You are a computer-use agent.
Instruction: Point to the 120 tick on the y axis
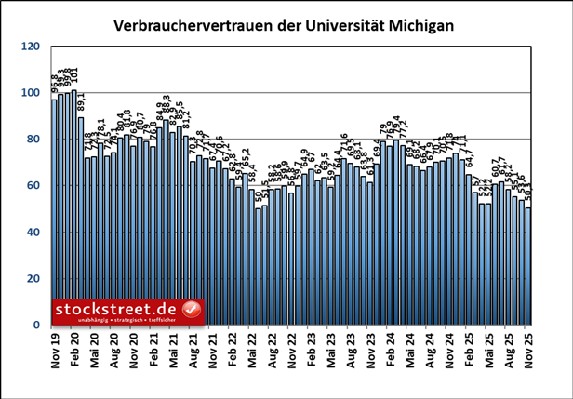(30, 47)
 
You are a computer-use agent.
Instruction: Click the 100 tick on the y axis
(30, 93)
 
